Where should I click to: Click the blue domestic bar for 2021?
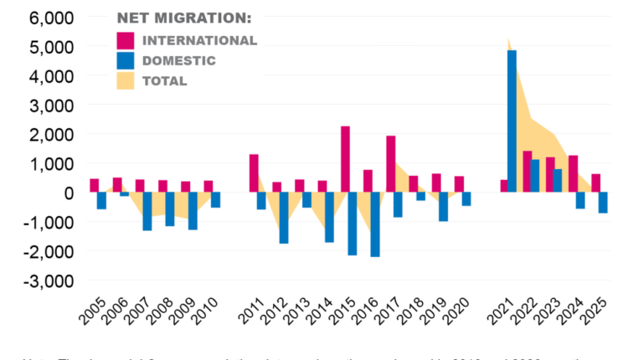pos(512,121)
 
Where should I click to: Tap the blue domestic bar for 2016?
pos(375,224)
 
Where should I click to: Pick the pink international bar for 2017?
pos(390,164)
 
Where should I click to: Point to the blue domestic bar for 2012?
pos(284,218)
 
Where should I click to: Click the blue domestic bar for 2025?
pos(603,203)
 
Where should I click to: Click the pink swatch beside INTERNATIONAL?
pos(126,40)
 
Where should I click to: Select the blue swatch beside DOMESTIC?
pos(126,60)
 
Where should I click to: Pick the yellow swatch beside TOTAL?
pos(126,80)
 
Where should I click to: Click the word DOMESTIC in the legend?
pos(179,60)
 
